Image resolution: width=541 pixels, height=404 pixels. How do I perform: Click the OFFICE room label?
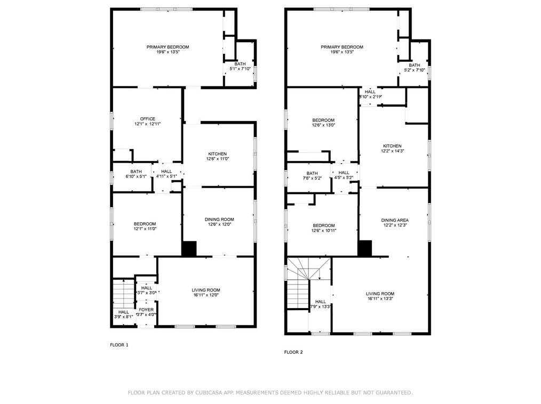(148, 119)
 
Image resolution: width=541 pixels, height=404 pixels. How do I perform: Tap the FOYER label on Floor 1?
(146, 310)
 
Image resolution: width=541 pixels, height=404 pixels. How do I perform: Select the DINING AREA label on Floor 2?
(395, 220)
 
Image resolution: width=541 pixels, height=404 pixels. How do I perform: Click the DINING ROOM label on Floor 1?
(219, 219)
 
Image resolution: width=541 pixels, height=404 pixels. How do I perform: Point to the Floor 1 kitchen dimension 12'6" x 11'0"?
(217, 159)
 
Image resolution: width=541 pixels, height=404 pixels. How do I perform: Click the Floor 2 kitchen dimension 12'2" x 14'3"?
(392, 151)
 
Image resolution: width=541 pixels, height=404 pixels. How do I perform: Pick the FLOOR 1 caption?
(119, 345)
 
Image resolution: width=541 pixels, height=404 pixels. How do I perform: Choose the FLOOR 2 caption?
(293, 352)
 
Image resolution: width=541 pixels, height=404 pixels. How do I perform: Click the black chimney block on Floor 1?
(189, 249)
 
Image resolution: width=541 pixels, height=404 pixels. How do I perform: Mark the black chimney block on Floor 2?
(365, 248)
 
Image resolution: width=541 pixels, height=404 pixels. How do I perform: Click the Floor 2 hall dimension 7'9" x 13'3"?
(321, 306)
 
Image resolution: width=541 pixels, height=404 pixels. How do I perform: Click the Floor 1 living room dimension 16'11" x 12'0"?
(205, 295)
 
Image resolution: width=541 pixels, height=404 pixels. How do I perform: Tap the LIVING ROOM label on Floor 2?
(380, 294)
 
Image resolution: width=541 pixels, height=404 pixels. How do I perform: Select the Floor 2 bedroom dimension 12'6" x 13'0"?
(323, 125)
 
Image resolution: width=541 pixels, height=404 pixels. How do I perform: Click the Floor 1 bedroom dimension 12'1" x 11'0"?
(145, 229)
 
